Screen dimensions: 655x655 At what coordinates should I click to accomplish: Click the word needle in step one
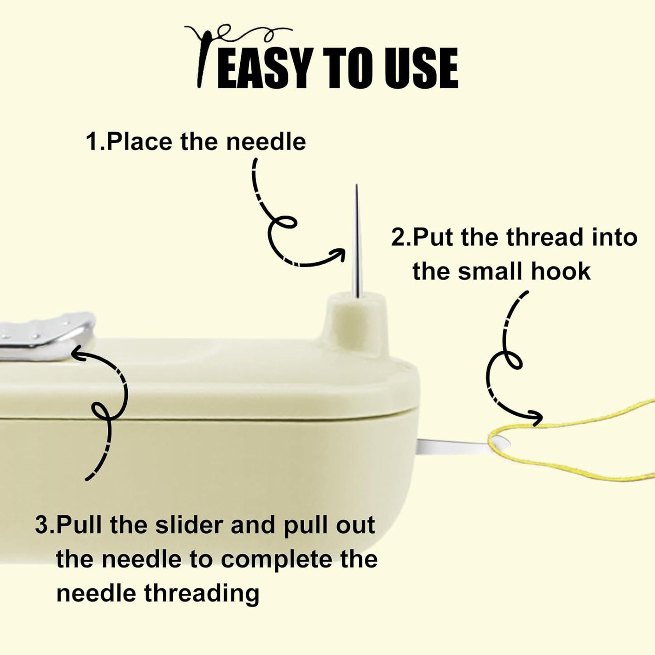click(x=266, y=142)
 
